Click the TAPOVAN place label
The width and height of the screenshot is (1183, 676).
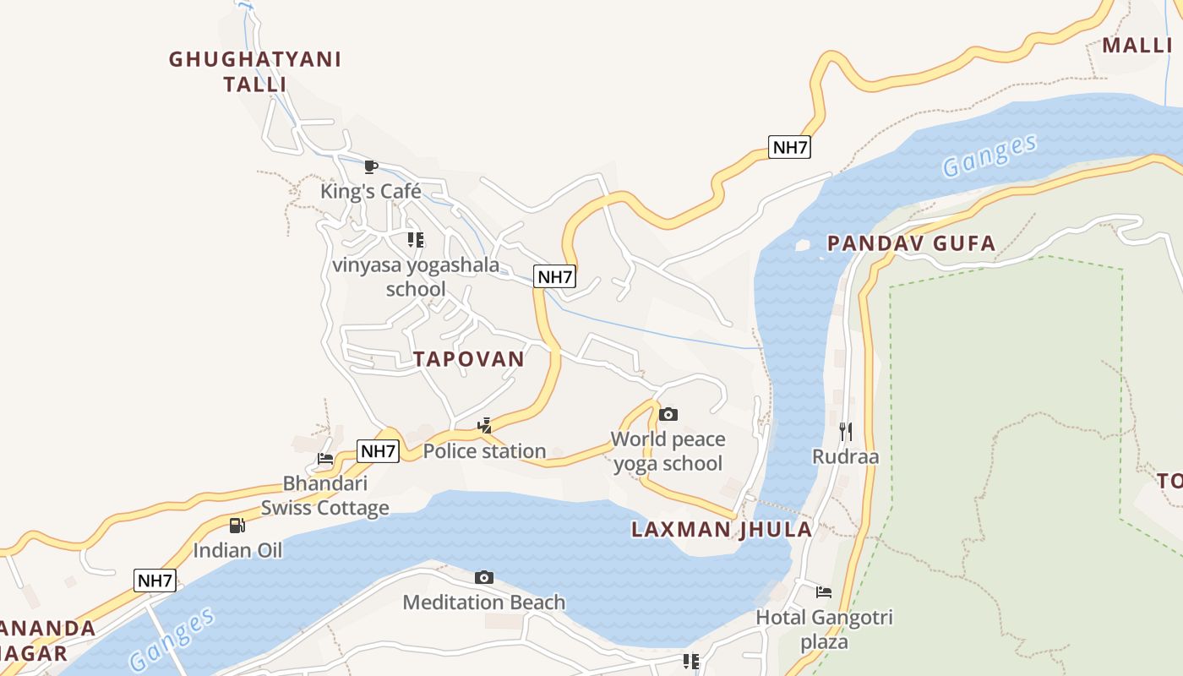(469, 358)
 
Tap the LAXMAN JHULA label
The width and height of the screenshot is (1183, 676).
(722, 530)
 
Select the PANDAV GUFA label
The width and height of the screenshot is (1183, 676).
(911, 244)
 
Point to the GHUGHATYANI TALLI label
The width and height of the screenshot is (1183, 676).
(255, 72)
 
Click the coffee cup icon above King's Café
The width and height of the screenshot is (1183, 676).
(370, 166)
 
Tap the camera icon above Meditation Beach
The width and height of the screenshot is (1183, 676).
(484, 577)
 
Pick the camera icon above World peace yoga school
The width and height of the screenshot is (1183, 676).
(668, 414)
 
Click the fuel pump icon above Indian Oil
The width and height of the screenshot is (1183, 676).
(237, 526)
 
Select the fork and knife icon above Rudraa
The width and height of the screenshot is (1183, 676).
(846, 432)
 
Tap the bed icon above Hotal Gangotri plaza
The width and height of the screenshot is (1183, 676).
(824, 592)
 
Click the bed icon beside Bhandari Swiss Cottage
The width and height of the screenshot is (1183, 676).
(325, 460)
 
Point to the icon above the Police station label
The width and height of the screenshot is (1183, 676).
(485, 426)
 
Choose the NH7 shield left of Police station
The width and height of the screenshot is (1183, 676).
(378, 451)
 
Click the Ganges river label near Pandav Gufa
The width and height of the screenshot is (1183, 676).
(989, 155)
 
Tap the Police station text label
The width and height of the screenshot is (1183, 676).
(484, 451)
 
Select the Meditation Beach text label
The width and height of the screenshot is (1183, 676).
(483, 602)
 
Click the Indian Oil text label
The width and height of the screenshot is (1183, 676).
(237, 551)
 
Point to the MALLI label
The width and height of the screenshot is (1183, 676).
(1137, 46)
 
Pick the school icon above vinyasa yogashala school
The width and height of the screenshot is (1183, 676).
(415, 240)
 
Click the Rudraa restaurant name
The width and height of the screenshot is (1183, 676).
(845, 457)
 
